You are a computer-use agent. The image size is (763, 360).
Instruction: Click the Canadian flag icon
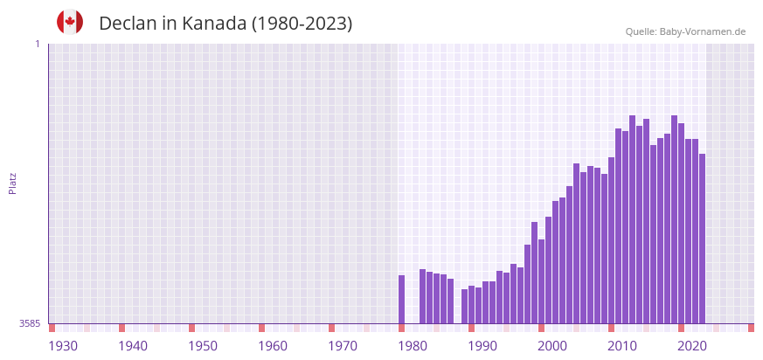tap(70, 22)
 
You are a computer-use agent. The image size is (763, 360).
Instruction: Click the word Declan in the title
tap(128, 24)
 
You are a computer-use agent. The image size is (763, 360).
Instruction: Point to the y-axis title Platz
tap(12, 183)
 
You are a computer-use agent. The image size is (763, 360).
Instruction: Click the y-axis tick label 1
tap(38, 44)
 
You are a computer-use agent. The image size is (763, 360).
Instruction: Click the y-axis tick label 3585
tap(30, 323)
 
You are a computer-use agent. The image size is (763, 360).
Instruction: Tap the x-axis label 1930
tap(63, 346)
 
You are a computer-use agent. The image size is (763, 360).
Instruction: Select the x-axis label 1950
tap(203, 346)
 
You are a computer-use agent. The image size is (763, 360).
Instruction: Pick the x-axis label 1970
tap(343, 346)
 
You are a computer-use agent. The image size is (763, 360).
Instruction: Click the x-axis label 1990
tap(482, 346)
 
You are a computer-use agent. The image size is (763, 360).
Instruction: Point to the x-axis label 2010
tap(622, 346)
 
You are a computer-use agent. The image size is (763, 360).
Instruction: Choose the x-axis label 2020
tap(692, 346)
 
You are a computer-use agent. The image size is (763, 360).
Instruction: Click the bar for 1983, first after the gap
tap(423, 296)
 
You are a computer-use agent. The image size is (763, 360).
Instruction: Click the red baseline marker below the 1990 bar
tap(472, 328)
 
